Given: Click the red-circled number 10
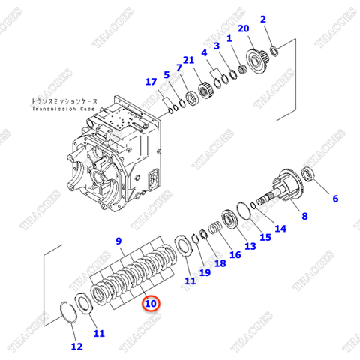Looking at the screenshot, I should click(x=151, y=304).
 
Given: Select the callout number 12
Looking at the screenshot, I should click(x=76, y=346).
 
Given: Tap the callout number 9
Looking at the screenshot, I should click(x=118, y=240).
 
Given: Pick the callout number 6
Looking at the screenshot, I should click(x=335, y=199).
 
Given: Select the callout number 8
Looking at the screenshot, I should click(x=304, y=217).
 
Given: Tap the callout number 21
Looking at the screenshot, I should click(x=188, y=59).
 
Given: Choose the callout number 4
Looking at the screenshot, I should click(x=203, y=53).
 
